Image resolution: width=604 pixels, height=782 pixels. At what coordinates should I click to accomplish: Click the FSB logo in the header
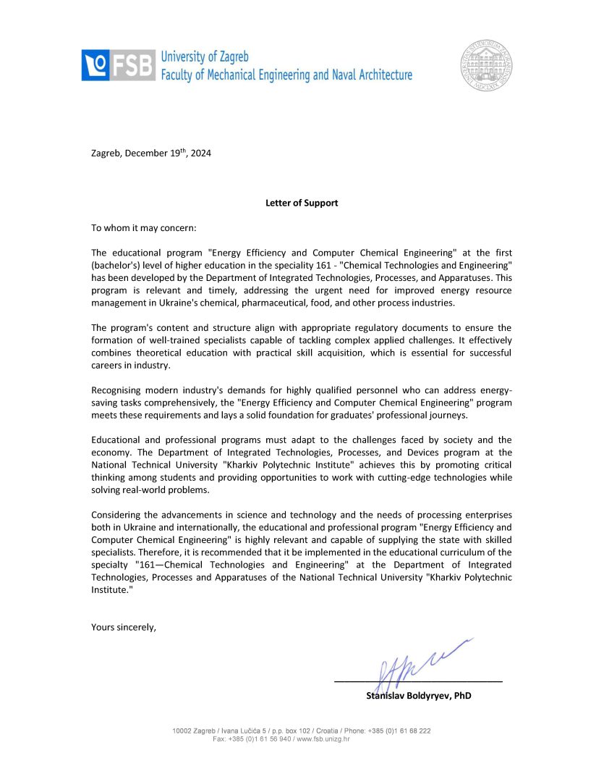[118, 64]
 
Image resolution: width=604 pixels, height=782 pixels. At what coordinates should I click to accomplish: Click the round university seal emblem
[488, 64]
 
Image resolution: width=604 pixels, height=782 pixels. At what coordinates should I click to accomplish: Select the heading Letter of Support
[302, 203]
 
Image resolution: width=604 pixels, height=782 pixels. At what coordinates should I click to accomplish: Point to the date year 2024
[201, 153]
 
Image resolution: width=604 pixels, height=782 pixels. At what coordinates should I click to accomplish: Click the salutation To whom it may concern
[144, 227]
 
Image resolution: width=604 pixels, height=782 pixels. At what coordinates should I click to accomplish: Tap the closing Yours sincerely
[123, 626]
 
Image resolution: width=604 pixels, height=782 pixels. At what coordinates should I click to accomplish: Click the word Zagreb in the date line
[106, 153]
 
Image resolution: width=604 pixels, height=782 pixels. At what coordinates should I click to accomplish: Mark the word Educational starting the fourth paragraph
[119, 440]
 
